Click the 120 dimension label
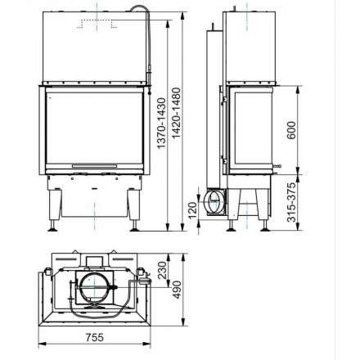tap(194, 208)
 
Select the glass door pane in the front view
tap(94, 128)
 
